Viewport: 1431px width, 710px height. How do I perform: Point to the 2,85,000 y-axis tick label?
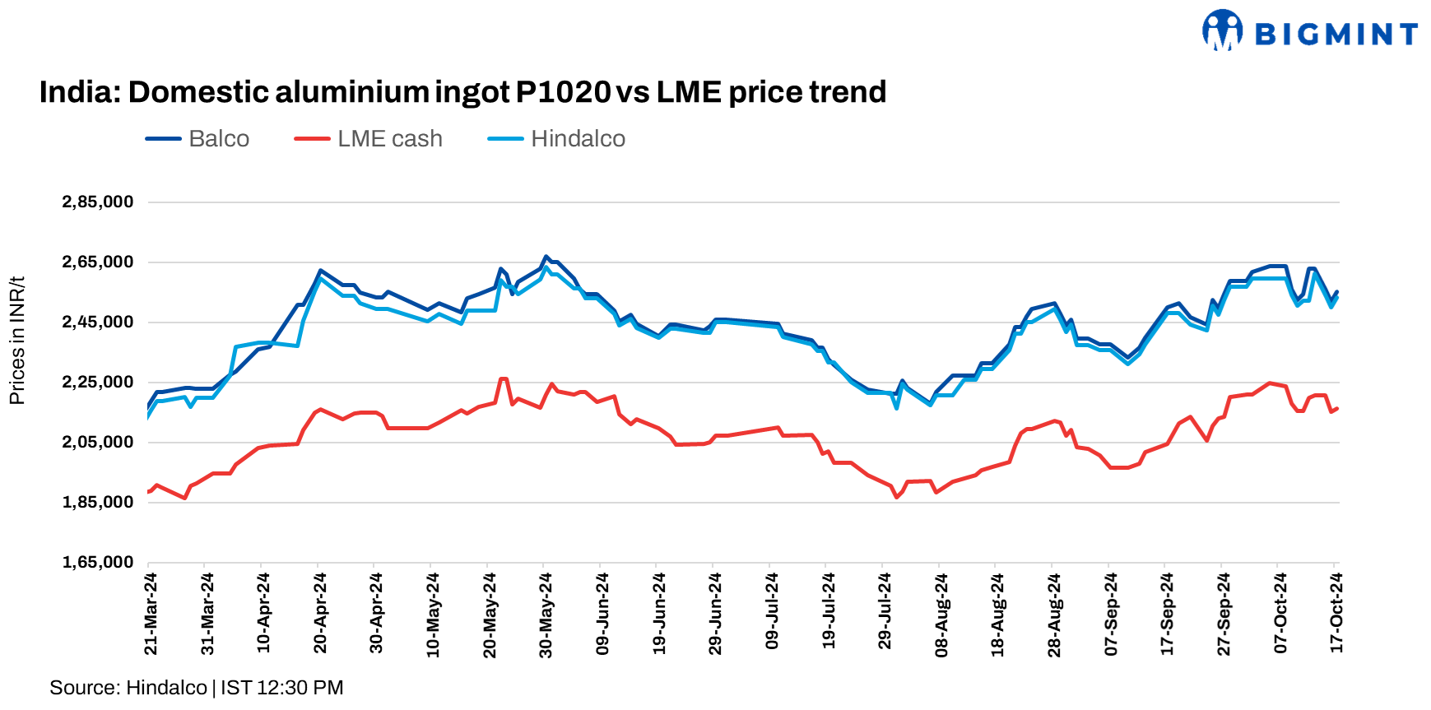(x=98, y=202)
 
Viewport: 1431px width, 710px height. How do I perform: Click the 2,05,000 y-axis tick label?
(x=98, y=442)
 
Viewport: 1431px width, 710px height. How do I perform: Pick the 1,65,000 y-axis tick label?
(x=98, y=562)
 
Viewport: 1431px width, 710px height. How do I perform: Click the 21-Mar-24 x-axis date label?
(x=151, y=614)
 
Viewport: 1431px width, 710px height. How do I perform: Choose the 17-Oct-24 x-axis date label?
(x=1336, y=614)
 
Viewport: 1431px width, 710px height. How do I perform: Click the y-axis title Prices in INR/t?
(x=16, y=341)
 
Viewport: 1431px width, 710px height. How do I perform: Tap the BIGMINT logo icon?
(x=1222, y=30)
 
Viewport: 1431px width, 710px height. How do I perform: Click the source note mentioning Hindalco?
(x=196, y=688)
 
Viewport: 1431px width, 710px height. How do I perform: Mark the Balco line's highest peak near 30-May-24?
(x=545, y=257)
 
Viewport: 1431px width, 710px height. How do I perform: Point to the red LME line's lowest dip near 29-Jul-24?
(x=897, y=497)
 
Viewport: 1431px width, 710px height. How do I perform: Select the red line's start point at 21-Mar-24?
(x=148, y=492)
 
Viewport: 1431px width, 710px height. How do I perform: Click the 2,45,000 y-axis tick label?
(x=98, y=322)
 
